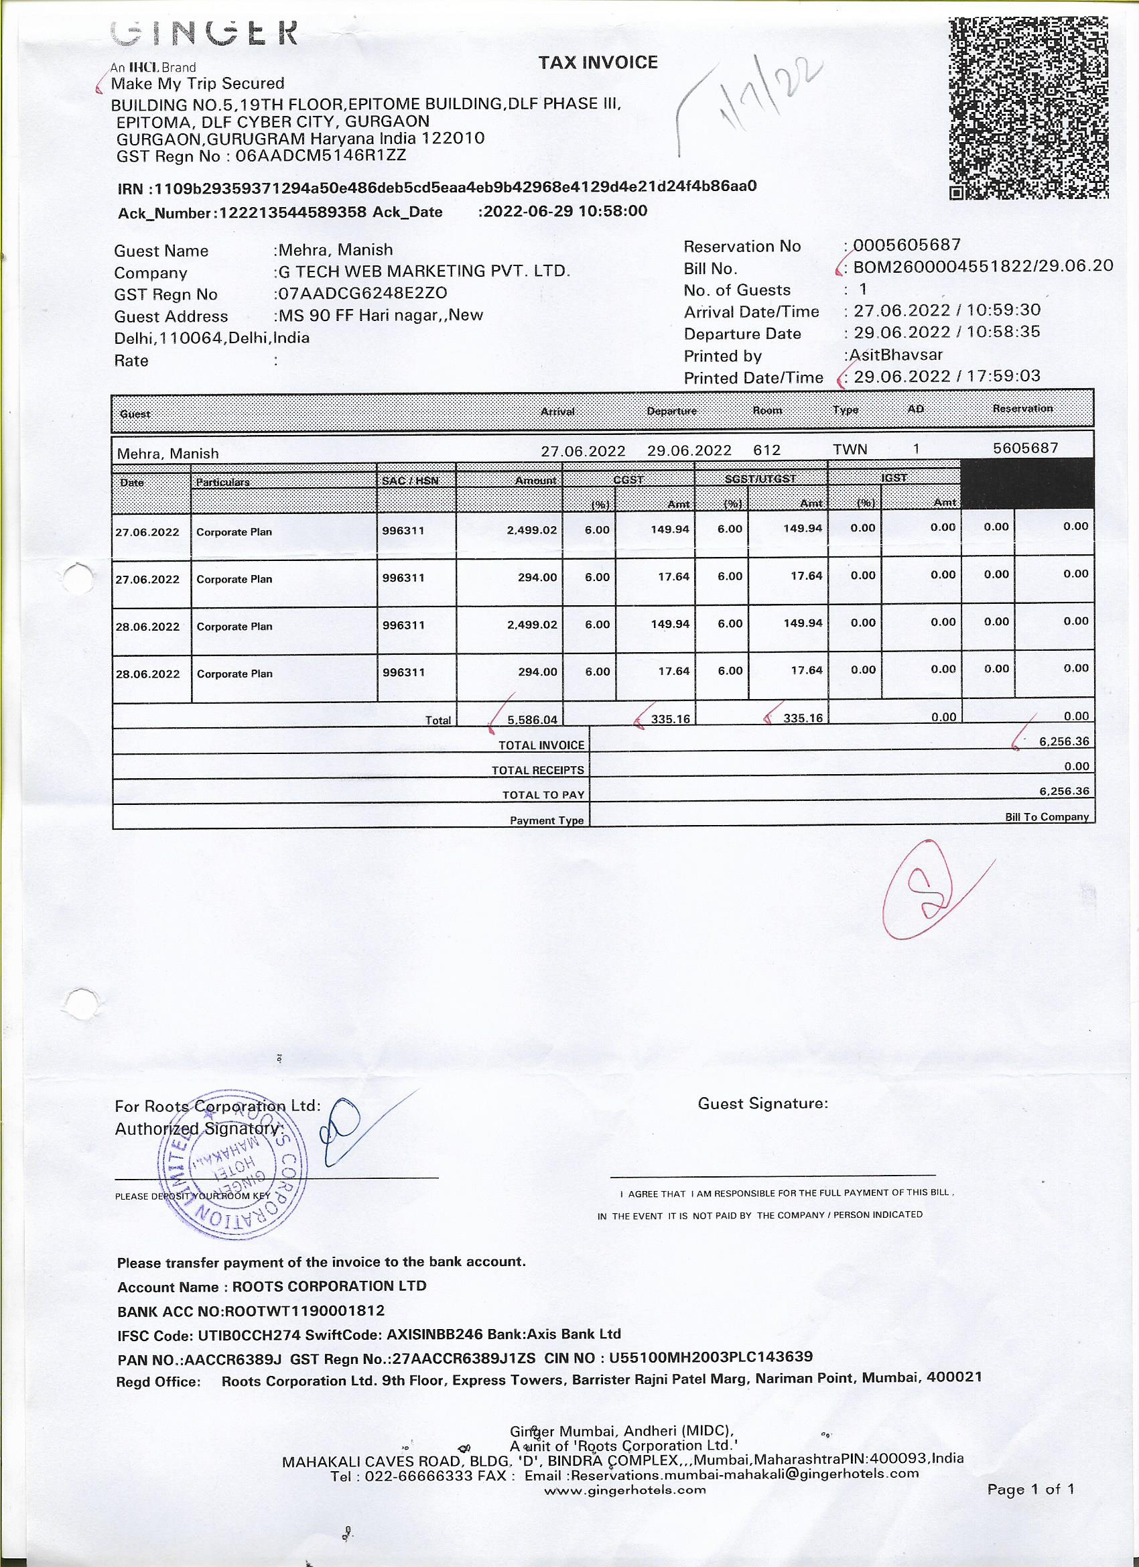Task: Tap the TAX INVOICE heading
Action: [598, 63]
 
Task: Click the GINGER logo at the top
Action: [204, 32]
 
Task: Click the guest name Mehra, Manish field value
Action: [335, 250]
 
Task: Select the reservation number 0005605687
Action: [907, 245]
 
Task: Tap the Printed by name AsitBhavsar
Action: [896, 355]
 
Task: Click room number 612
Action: [766, 450]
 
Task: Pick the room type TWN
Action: [850, 449]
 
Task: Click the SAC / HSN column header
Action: [409, 480]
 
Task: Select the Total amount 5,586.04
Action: [532, 719]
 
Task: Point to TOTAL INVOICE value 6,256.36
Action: [1064, 741]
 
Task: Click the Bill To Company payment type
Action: [1047, 816]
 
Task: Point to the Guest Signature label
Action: [762, 1103]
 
